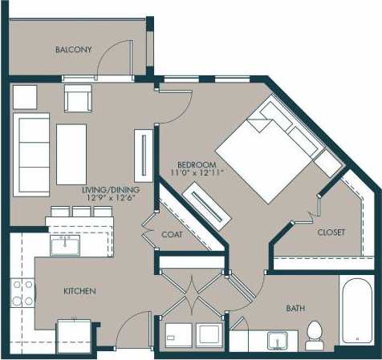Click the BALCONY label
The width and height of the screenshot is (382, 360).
[x=73, y=50]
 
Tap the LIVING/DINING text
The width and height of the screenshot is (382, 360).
[x=111, y=190]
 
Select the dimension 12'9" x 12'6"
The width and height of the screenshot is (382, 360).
[x=111, y=199]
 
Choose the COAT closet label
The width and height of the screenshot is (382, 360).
[x=173, y=235]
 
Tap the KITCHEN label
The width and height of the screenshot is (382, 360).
[x=80, y=290]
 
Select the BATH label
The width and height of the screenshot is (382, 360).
[x=295, y=308]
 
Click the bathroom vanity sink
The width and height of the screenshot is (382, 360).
[x=277, y=340]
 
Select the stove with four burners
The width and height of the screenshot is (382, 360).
[x=22, y=293]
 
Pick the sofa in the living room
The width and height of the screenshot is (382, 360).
[x=32, y=152]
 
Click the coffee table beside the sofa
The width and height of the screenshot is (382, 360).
[x=71, y=152]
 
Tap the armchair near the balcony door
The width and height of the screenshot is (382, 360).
[x=77, y=99]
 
